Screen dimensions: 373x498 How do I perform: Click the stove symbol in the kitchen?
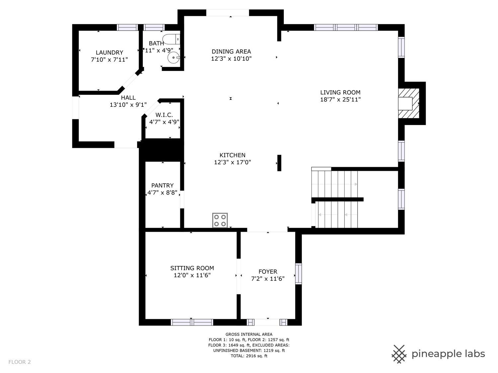[220, 220]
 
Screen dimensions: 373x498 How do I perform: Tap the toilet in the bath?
[172, 39]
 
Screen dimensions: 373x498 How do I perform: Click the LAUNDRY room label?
[109, 52]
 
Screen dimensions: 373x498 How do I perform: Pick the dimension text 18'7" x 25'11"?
[340, 99]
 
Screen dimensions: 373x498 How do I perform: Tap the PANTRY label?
[162, 185]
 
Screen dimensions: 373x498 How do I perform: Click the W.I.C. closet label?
[164, 115]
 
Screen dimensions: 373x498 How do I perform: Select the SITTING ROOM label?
[192, 268]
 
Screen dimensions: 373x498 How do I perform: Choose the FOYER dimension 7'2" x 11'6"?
[268, 279]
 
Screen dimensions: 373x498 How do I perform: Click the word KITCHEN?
[232, 155]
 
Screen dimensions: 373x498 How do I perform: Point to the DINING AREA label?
[231, 51]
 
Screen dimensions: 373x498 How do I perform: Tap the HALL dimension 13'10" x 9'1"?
[128, 105]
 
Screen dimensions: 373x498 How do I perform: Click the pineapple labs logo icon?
[399, 354]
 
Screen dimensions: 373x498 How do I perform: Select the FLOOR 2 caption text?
[20, 362]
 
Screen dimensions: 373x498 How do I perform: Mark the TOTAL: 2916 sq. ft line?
[249, 356]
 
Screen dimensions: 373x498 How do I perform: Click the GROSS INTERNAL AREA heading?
[249, 334]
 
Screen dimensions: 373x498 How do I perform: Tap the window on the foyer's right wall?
[298, 274]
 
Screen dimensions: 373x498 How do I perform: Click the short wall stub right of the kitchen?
[279, 163]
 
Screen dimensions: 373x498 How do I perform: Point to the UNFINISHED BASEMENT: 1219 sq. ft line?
[249, 350]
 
